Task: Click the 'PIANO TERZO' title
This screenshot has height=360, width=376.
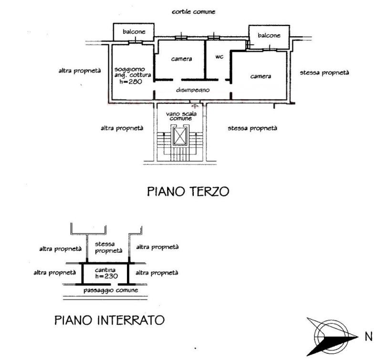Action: [x=188, y=192]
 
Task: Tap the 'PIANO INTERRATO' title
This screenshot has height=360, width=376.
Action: [x=110, y=319]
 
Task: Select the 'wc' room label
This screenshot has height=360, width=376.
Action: [x=219, y=57]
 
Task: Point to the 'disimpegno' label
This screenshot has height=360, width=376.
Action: [x=193, y=89]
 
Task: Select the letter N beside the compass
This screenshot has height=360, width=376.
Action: [x=368, y=337]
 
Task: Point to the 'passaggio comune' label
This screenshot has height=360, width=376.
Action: [x=111, y=290]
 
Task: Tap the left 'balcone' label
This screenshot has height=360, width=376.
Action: [x=134, y=31]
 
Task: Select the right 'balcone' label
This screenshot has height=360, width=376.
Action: [x=269, y=35]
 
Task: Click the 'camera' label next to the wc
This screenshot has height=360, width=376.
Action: [x=181, y=59]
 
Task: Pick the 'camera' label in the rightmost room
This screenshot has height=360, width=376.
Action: [x=261, y=76]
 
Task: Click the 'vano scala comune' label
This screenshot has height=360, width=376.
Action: [x=179, y=116]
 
